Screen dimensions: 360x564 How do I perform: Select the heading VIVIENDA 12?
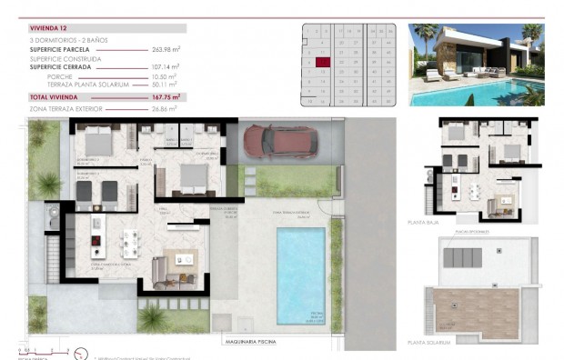[x=50, y=28]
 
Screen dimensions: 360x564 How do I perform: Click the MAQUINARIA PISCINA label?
[x=261, y=343]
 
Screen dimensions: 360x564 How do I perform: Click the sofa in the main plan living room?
[x=159, y=270]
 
